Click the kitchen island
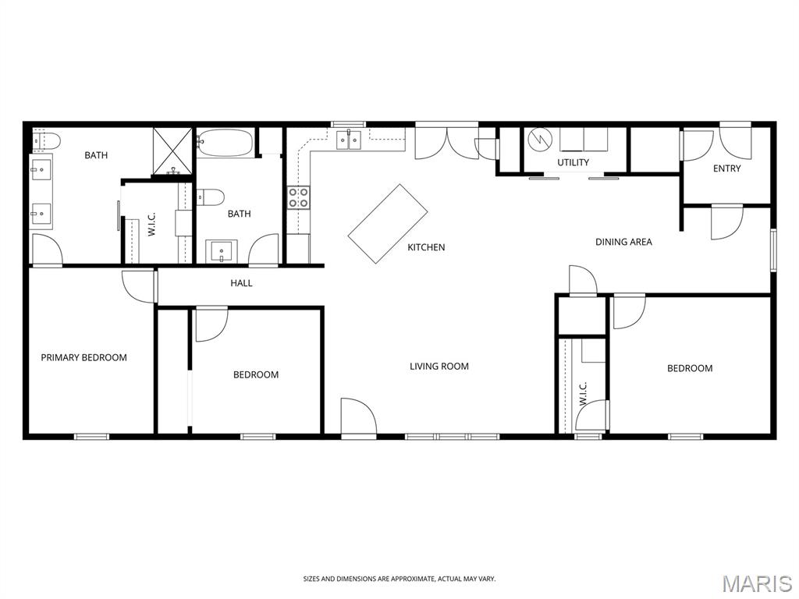pos(388,224)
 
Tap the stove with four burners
pos(299,197)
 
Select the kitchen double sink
pos(349,140)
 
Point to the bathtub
pos(225,143)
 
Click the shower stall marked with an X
pos(172,151)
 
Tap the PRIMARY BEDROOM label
pos(84,357)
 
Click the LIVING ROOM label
pos(439,367)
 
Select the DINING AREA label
pos(623,242)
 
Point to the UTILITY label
pos(574,162)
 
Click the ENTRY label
pos(726,168)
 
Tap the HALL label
pos(241,283)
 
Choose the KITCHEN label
pos(427,247)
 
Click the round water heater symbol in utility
pos(539,139)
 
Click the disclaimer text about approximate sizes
pos(399,579)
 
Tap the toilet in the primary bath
pos(46,140)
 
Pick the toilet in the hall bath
pos(211,197)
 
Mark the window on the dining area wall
pos(773,250)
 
